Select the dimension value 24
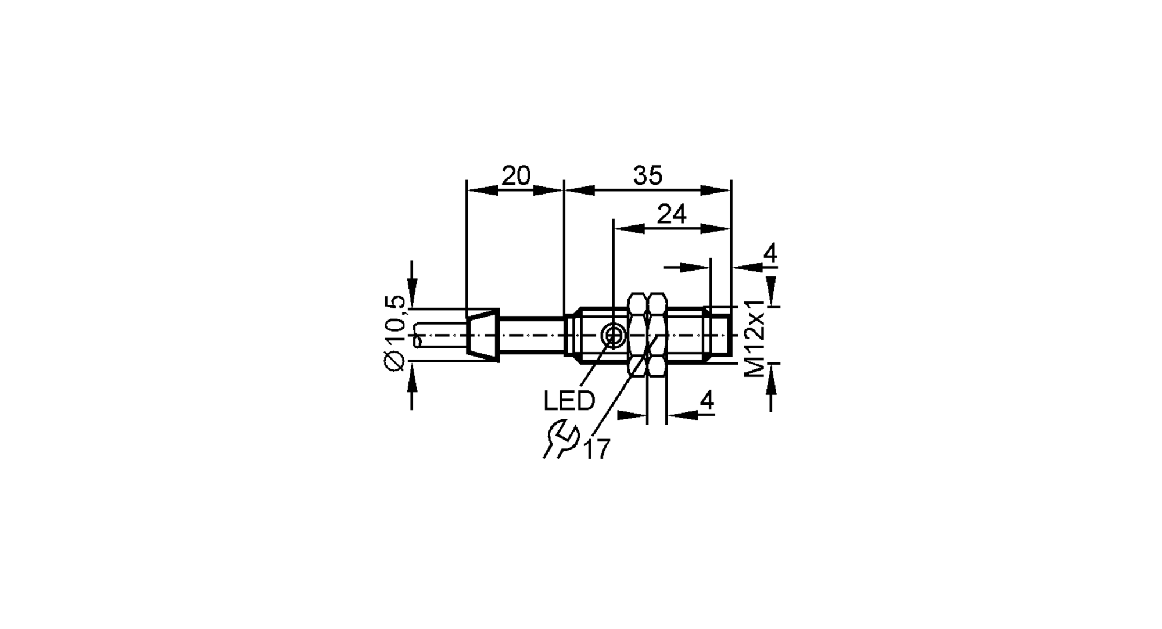(x=671, y=214)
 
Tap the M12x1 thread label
(x=755, y=339)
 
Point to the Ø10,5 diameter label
(x=394, y=333)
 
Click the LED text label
(x=569, y=401)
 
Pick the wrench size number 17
(x=596, y=449)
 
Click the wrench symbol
(x=560, y=440)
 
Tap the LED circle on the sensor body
(x=612, y=335)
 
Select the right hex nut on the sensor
(x=657, y=335)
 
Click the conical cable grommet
(x=483, y=335)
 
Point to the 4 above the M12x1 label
(x=770, y=254)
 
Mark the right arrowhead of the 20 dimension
(x=548, y=191)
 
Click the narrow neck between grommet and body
(x=532, y=335)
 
